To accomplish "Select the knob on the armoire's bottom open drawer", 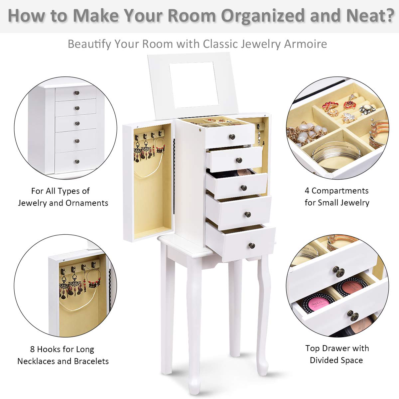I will (252, 246).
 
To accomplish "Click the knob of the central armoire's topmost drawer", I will (232, 137).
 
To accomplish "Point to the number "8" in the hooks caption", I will (33, 349).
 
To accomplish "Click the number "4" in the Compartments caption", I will (307, 191).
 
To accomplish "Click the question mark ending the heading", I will (388, 16).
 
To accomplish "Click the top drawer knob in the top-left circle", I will (77, 93).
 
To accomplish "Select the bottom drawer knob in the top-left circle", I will (77, 162).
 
